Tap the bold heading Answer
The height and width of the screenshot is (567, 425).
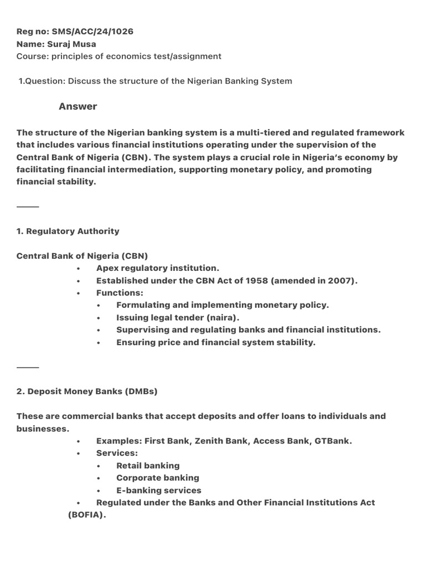[x=77, y=106]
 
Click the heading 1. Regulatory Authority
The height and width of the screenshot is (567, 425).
[x=68, y=231]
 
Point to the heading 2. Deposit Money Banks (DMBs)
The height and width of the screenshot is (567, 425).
[x=87, y=391]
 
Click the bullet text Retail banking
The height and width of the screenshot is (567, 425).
[x=148, y=466]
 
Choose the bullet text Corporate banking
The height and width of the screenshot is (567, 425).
[x=158, y=478]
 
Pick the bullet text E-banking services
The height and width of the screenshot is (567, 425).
[x=159, y=491]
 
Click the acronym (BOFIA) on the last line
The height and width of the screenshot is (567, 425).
[x=87, y=515]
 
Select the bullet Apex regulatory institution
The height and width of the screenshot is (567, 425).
[x=158, y=268]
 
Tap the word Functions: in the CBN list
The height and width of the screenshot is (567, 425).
[x=120, y=293]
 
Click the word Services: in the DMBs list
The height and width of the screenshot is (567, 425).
[x=117, y=453]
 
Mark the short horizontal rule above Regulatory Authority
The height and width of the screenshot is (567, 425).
[x=28, y=207]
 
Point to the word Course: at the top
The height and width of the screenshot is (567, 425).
[x=31, y=56]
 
